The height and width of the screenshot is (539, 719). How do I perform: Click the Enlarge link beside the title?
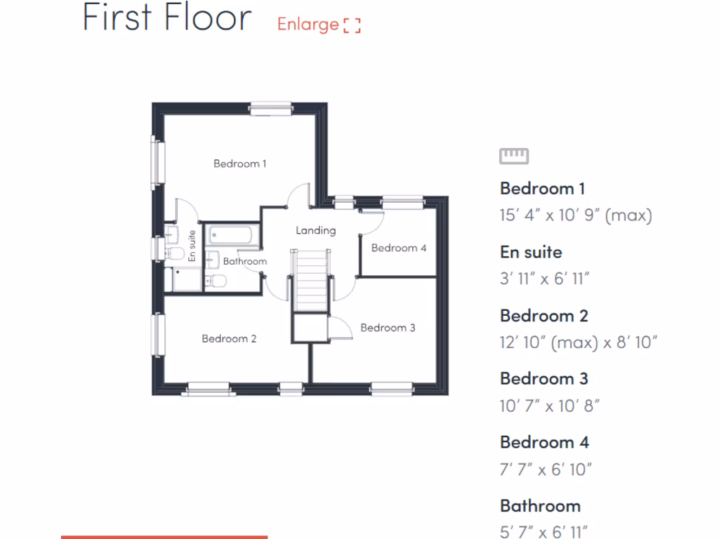pos(318,25)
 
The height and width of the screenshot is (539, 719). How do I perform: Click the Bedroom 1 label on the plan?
pos(239,164)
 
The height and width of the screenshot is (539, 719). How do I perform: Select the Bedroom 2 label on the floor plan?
pos(229,338)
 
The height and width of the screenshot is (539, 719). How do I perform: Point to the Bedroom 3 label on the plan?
pos(388,328)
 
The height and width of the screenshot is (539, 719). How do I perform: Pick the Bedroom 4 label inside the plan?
pos(398,248)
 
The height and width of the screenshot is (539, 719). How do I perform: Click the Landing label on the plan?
pos(315,230)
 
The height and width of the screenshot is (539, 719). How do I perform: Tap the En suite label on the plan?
pos(192,246)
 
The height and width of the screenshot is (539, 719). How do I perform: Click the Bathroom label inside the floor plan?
pos(244,261)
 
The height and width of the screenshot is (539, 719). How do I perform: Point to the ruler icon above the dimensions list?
pos(513,156)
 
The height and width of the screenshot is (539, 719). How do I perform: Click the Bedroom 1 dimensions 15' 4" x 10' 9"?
pos(576,215)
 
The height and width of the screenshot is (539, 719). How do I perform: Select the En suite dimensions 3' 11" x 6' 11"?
pos(544,279)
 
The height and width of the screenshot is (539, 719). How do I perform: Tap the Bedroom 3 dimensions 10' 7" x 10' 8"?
pos(550,406)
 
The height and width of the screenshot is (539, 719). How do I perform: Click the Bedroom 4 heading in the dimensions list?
pos(544,442)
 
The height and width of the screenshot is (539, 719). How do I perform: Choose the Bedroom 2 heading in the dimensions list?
pos(543,315)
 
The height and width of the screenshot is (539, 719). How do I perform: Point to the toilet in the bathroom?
pos(216,281)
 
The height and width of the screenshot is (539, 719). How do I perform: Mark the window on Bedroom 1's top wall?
pos(271,107)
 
